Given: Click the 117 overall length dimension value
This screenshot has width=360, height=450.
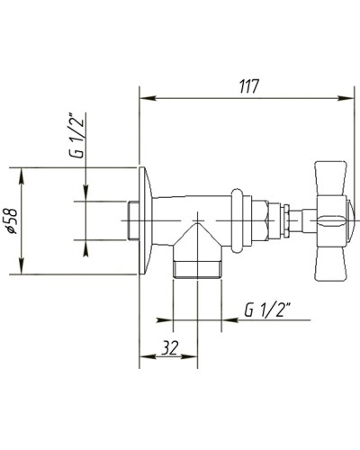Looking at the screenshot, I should click(x=248, y=86).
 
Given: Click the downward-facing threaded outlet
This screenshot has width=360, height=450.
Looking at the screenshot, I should click(x=198, y=266).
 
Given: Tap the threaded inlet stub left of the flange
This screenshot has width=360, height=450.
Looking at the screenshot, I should click(x=130, y=219).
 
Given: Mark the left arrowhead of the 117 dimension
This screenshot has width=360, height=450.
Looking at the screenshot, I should click(x=144, y=97).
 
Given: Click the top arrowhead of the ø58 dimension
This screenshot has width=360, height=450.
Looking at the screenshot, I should click(x=21, y=171).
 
